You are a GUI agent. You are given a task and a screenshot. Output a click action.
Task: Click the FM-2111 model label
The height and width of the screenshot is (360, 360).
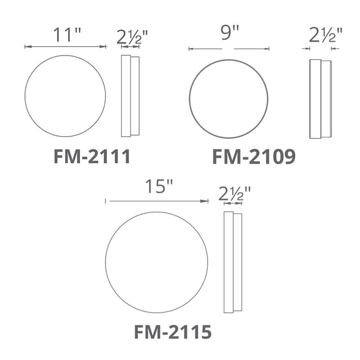[x=92, y=157]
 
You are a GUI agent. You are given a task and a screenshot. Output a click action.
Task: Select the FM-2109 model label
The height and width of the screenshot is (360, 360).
[x=254, y=157]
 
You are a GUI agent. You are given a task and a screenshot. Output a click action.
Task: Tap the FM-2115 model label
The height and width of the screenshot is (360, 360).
[x=173, y=332]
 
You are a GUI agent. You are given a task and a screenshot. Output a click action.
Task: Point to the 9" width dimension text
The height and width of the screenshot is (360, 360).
[x=229, y=35]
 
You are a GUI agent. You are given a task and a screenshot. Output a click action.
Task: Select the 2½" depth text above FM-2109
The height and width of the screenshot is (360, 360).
[x=326, y=35]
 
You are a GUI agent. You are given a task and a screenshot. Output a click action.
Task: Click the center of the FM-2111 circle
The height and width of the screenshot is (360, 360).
[x=65, y=96]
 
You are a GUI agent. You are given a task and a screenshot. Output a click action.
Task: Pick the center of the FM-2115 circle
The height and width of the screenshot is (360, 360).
[x=157, y=263]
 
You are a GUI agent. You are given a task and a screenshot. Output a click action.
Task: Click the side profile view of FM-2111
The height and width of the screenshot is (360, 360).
[x=130, y=96]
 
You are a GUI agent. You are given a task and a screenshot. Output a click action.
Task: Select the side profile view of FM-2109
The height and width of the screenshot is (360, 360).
[x=320, y=99]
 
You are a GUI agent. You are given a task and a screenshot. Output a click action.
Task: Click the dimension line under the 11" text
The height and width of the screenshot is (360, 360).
[x=65, y=46]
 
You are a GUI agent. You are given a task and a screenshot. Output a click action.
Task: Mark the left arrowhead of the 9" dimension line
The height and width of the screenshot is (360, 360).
[x=191, y=49]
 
